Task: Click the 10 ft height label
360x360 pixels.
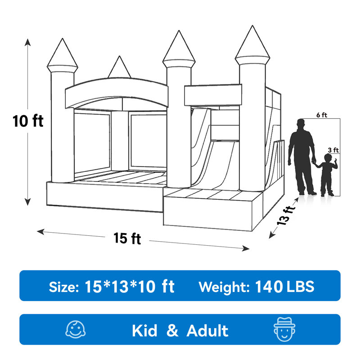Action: point(28,121)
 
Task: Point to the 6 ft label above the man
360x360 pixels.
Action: point(321,115)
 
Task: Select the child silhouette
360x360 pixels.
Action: point(328,175)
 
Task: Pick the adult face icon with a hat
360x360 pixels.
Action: point(283,330)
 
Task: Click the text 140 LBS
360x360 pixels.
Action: point(284,286)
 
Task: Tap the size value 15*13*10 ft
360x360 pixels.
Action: point(130,286)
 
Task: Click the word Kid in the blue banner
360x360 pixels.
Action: point(144,331)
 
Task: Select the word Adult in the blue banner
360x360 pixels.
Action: point(207,331)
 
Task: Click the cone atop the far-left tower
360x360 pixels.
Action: point(63,54)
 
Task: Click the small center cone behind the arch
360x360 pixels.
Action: point(119,68)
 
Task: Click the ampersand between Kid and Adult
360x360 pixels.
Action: point(172,331)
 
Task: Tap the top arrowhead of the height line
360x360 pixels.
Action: point(28,41)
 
